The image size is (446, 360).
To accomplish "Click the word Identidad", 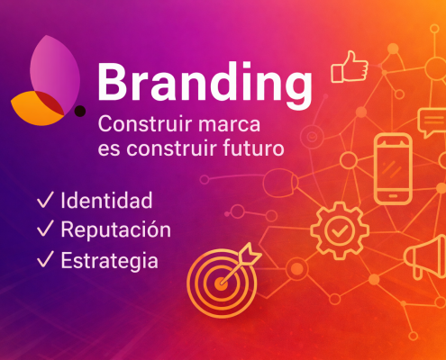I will pyautogui.click(x=106, y=200).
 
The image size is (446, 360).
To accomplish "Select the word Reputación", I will pyautogui.click(x=115, y=230).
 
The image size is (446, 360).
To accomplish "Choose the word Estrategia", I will pyautogui.click(x=110, y=261).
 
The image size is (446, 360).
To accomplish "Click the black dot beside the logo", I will pyautogui.click(x=80, y=111).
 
